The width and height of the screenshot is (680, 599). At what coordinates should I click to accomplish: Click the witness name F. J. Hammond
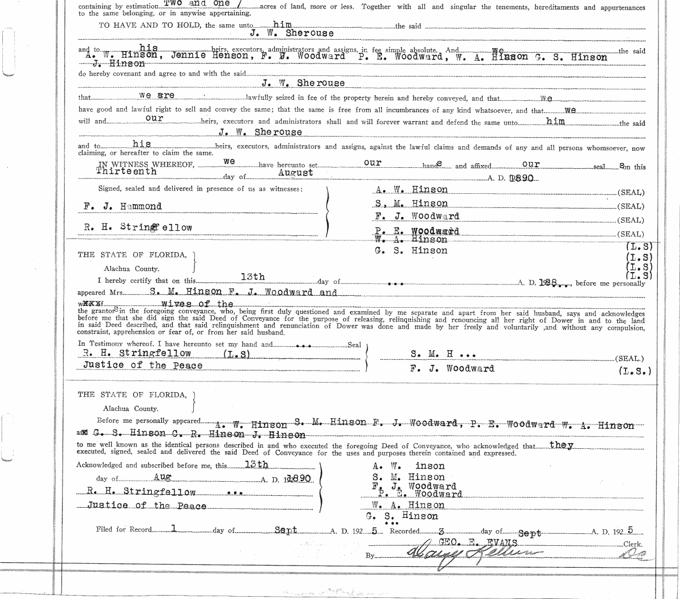122,206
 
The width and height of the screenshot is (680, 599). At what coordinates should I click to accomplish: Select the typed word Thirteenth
126,171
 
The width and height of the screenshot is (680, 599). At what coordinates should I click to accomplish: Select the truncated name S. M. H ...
443,355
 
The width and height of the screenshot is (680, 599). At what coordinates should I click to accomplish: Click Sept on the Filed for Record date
286,530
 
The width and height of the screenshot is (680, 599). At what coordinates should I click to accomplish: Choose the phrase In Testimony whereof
117,344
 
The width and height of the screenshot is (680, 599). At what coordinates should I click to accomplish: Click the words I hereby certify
130,281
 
